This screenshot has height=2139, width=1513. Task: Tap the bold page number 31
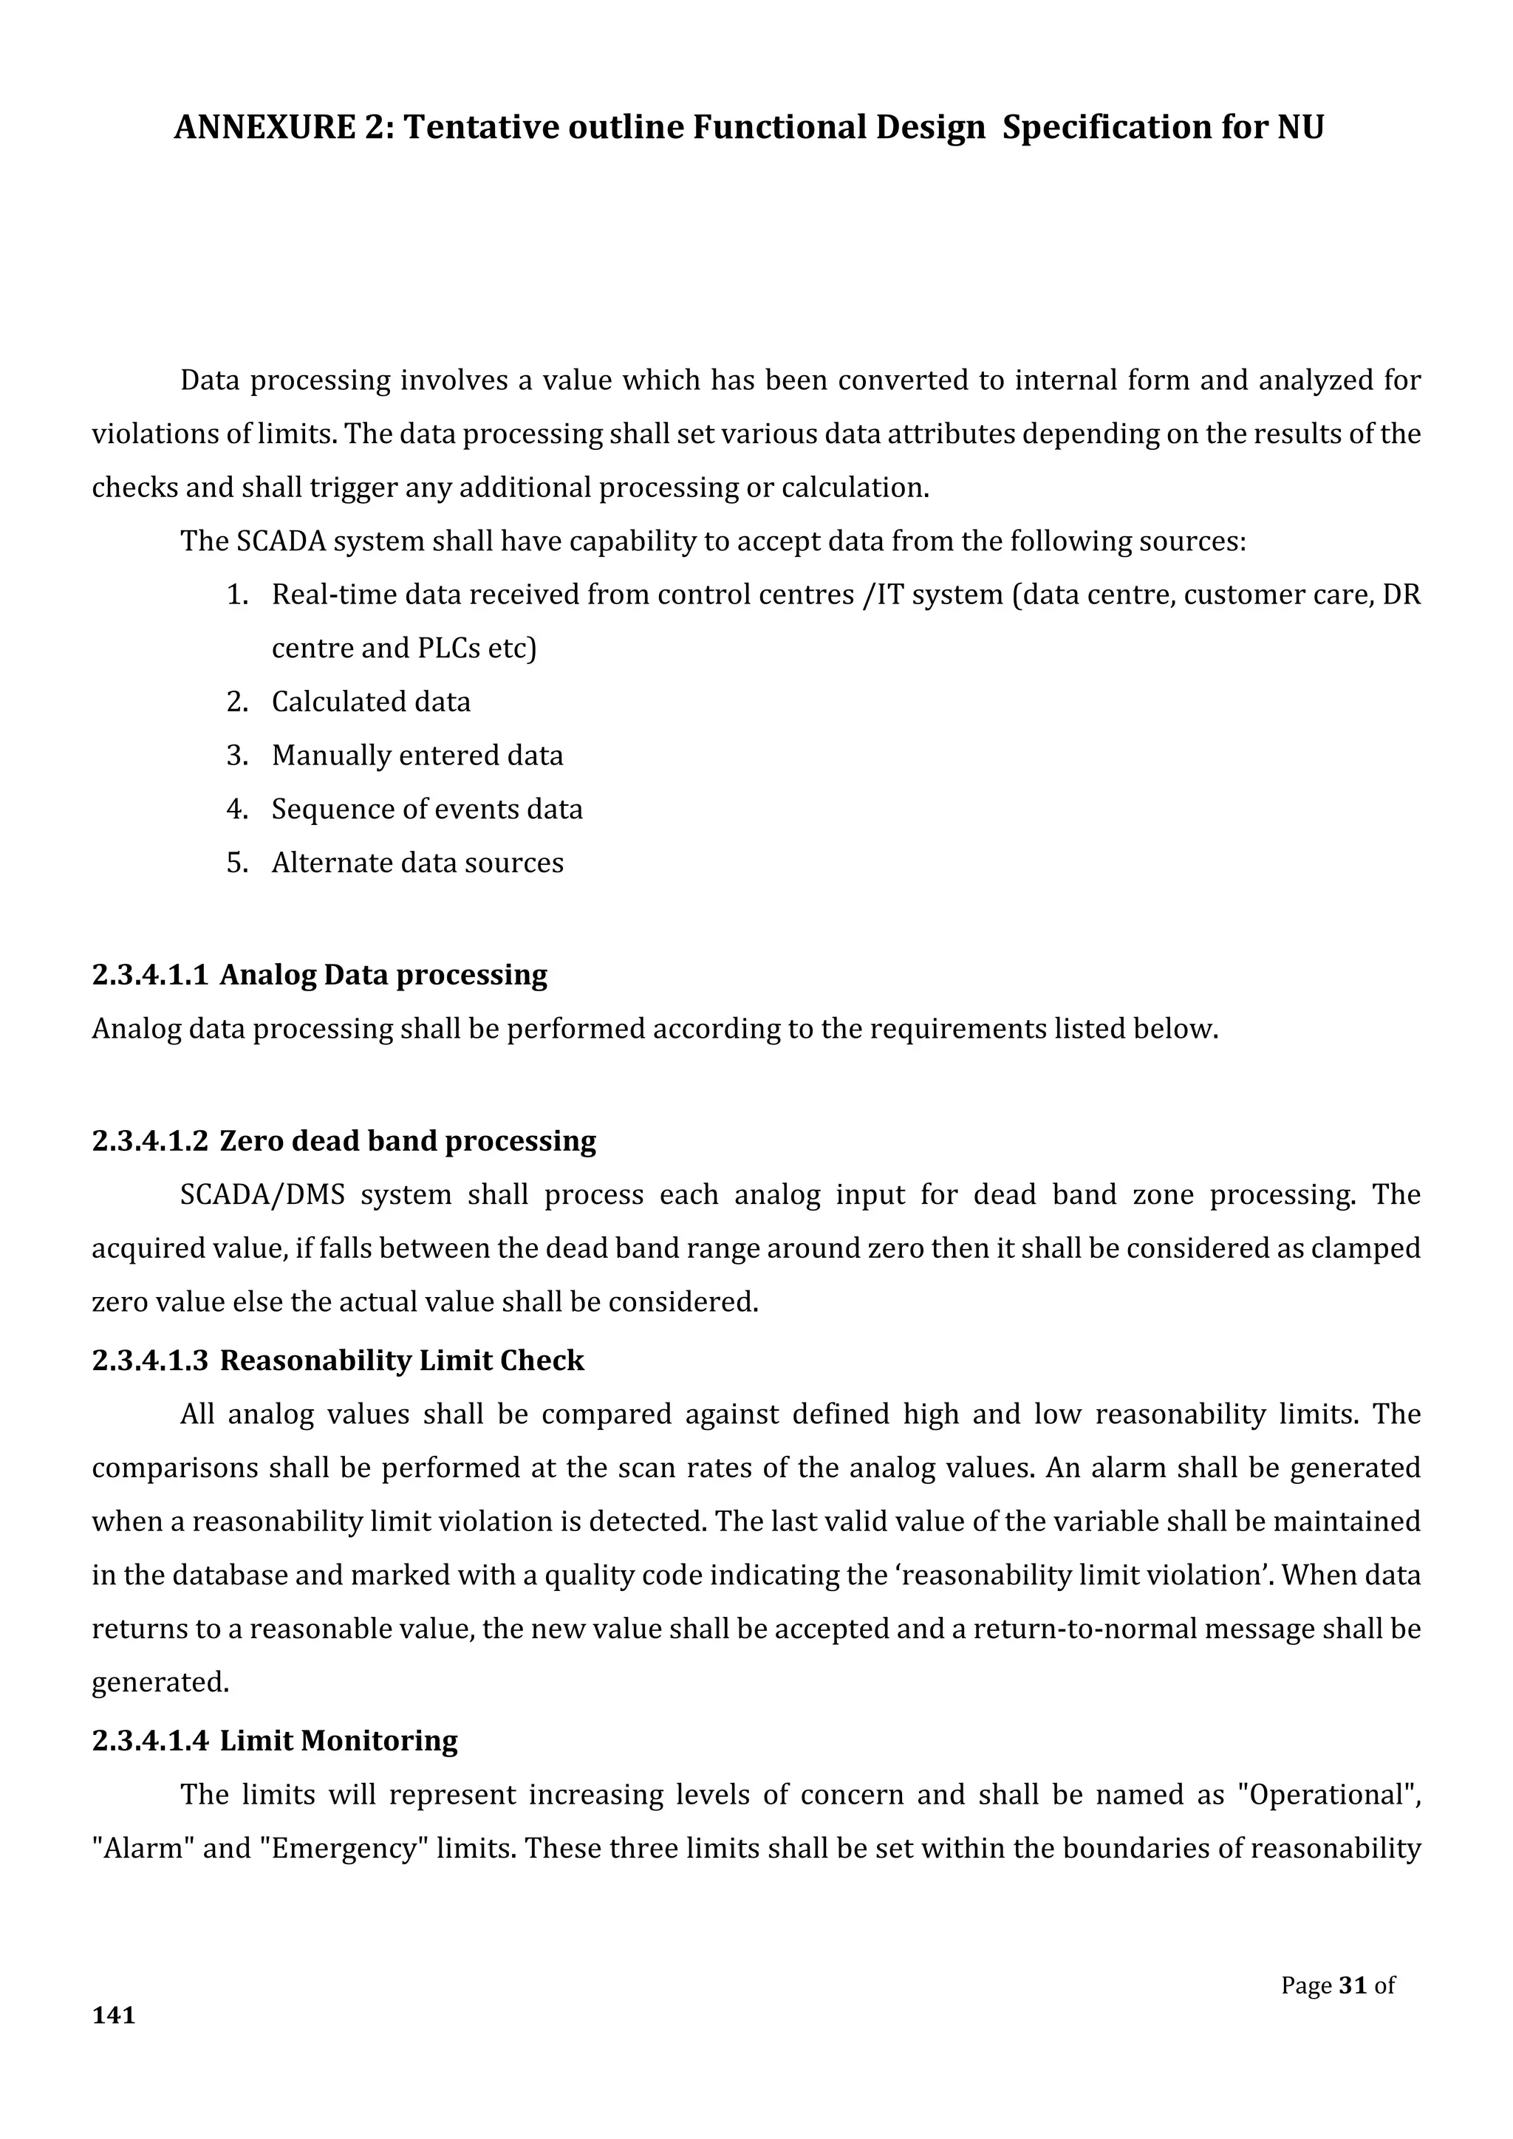click(1352, 1985)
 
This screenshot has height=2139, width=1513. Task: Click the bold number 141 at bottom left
click(114, 2015)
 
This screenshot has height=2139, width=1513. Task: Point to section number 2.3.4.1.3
click(149, 1361)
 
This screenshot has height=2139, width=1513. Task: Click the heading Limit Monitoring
click(338, 1740)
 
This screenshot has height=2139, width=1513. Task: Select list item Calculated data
click(371, 702)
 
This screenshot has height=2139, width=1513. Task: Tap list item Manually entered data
click(417, 755)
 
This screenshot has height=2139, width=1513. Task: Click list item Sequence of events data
click(427, 809)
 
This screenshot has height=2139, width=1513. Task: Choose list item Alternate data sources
click(417, 863)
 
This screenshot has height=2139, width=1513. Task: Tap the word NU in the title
click(1300, 127)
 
